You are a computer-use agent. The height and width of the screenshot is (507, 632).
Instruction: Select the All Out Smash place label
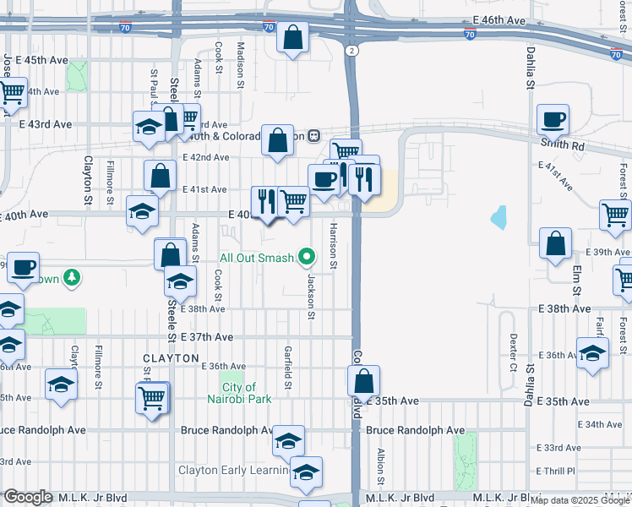click(257, 258)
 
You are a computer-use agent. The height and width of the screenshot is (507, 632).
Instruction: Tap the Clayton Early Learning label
click(232, 470)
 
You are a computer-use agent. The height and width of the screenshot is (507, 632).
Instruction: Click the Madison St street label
click(240, 66)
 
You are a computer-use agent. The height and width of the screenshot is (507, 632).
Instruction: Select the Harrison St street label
click(334, 247)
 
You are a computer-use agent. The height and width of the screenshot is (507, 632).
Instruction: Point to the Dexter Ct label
click(513, 352)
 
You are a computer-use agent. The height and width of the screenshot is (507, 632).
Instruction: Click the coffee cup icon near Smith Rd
click(553, 120)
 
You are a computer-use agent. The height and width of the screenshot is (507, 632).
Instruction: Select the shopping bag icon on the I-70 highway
click(292, 38)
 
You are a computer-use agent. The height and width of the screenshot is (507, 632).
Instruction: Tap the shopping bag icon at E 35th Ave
click(363, 381)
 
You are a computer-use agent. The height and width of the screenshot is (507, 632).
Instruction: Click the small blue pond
click(499, 218)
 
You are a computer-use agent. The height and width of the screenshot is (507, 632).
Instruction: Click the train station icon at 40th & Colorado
click(313, 135)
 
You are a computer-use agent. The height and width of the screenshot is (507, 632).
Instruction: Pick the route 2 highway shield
click(350, 51)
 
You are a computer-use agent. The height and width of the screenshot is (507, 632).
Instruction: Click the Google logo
click(28, 497)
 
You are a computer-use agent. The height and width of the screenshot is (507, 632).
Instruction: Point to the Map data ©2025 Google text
click(580, 500)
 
